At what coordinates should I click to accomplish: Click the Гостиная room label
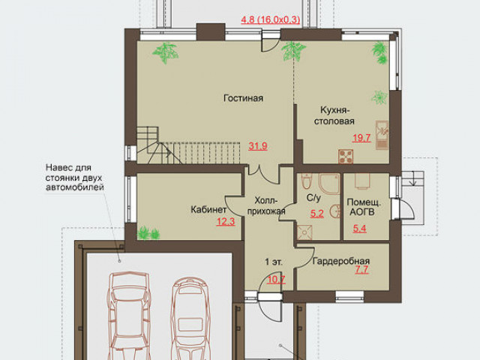[243, 98]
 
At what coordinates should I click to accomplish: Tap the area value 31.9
[258, 146]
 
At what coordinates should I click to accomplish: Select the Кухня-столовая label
[334, 115]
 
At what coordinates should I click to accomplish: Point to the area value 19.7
[361, 138]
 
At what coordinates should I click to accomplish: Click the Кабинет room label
[208, 210]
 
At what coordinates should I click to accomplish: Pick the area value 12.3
[226, 221]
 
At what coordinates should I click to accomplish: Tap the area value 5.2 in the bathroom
[316, 213]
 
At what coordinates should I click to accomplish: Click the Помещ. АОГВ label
[363, 207]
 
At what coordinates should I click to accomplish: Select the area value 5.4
[359, 228]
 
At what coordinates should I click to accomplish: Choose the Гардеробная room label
[341, 261]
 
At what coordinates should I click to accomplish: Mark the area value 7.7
[361, 270]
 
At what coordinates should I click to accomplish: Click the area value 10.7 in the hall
[276, 280]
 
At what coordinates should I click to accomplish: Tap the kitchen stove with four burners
[346, 156]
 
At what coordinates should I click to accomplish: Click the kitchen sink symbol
[382, 135]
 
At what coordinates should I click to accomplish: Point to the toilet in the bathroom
[306, 181]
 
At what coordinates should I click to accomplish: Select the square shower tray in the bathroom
[304, 232]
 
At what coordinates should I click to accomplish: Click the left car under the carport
[129, 315]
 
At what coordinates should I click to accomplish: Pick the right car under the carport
[190, 318]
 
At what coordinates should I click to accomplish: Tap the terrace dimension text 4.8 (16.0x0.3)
[271, 19]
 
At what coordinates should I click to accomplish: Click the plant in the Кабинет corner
[148, 233]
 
